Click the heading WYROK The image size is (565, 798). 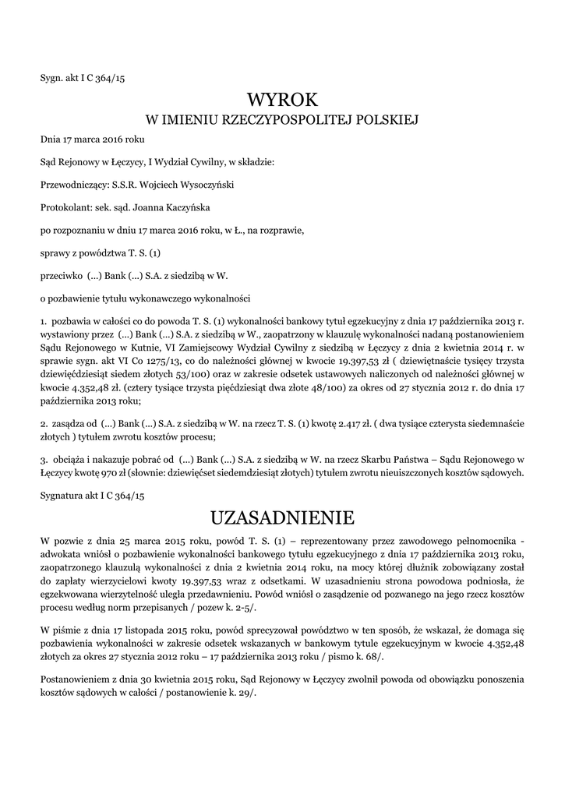(283, 100)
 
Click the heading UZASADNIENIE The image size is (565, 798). (283, 517)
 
